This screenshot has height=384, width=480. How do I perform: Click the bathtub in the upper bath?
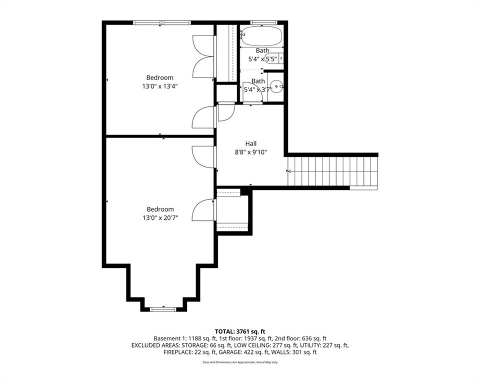click(261, 36)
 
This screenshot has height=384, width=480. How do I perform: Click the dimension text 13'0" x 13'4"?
click(159, 86)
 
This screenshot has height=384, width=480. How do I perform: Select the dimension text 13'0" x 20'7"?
click(159, 217)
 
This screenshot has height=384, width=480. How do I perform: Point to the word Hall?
click(250, 143)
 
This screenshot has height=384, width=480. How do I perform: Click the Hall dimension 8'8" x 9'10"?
click(250, 152)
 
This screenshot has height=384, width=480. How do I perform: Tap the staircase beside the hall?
click(332, 171)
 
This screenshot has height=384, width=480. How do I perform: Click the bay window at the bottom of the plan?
click(163, 309)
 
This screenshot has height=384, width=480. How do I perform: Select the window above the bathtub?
click(263, 22)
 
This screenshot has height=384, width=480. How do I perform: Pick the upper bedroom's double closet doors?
click(203, 56)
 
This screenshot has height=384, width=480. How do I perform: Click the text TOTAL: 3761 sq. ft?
click(239, 331)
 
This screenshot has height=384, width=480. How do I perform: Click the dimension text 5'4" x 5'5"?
click(262, 59)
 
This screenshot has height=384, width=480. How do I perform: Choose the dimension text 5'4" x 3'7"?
click(258, 89)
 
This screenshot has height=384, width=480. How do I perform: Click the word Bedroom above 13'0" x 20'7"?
click(159, 209)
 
